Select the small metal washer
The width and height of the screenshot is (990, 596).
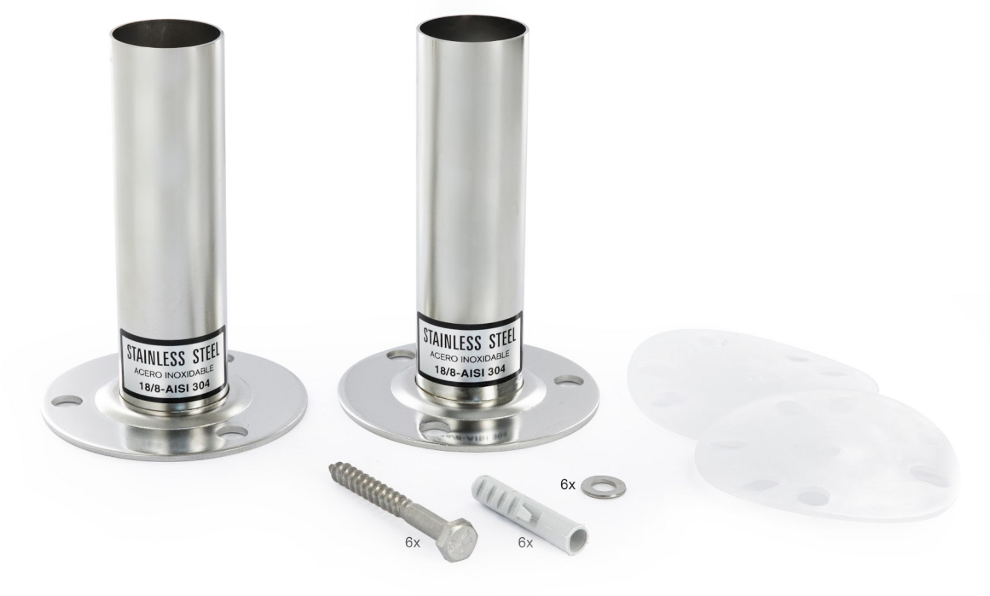click(603, 485)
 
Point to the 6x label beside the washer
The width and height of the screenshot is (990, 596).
click(568, 485)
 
